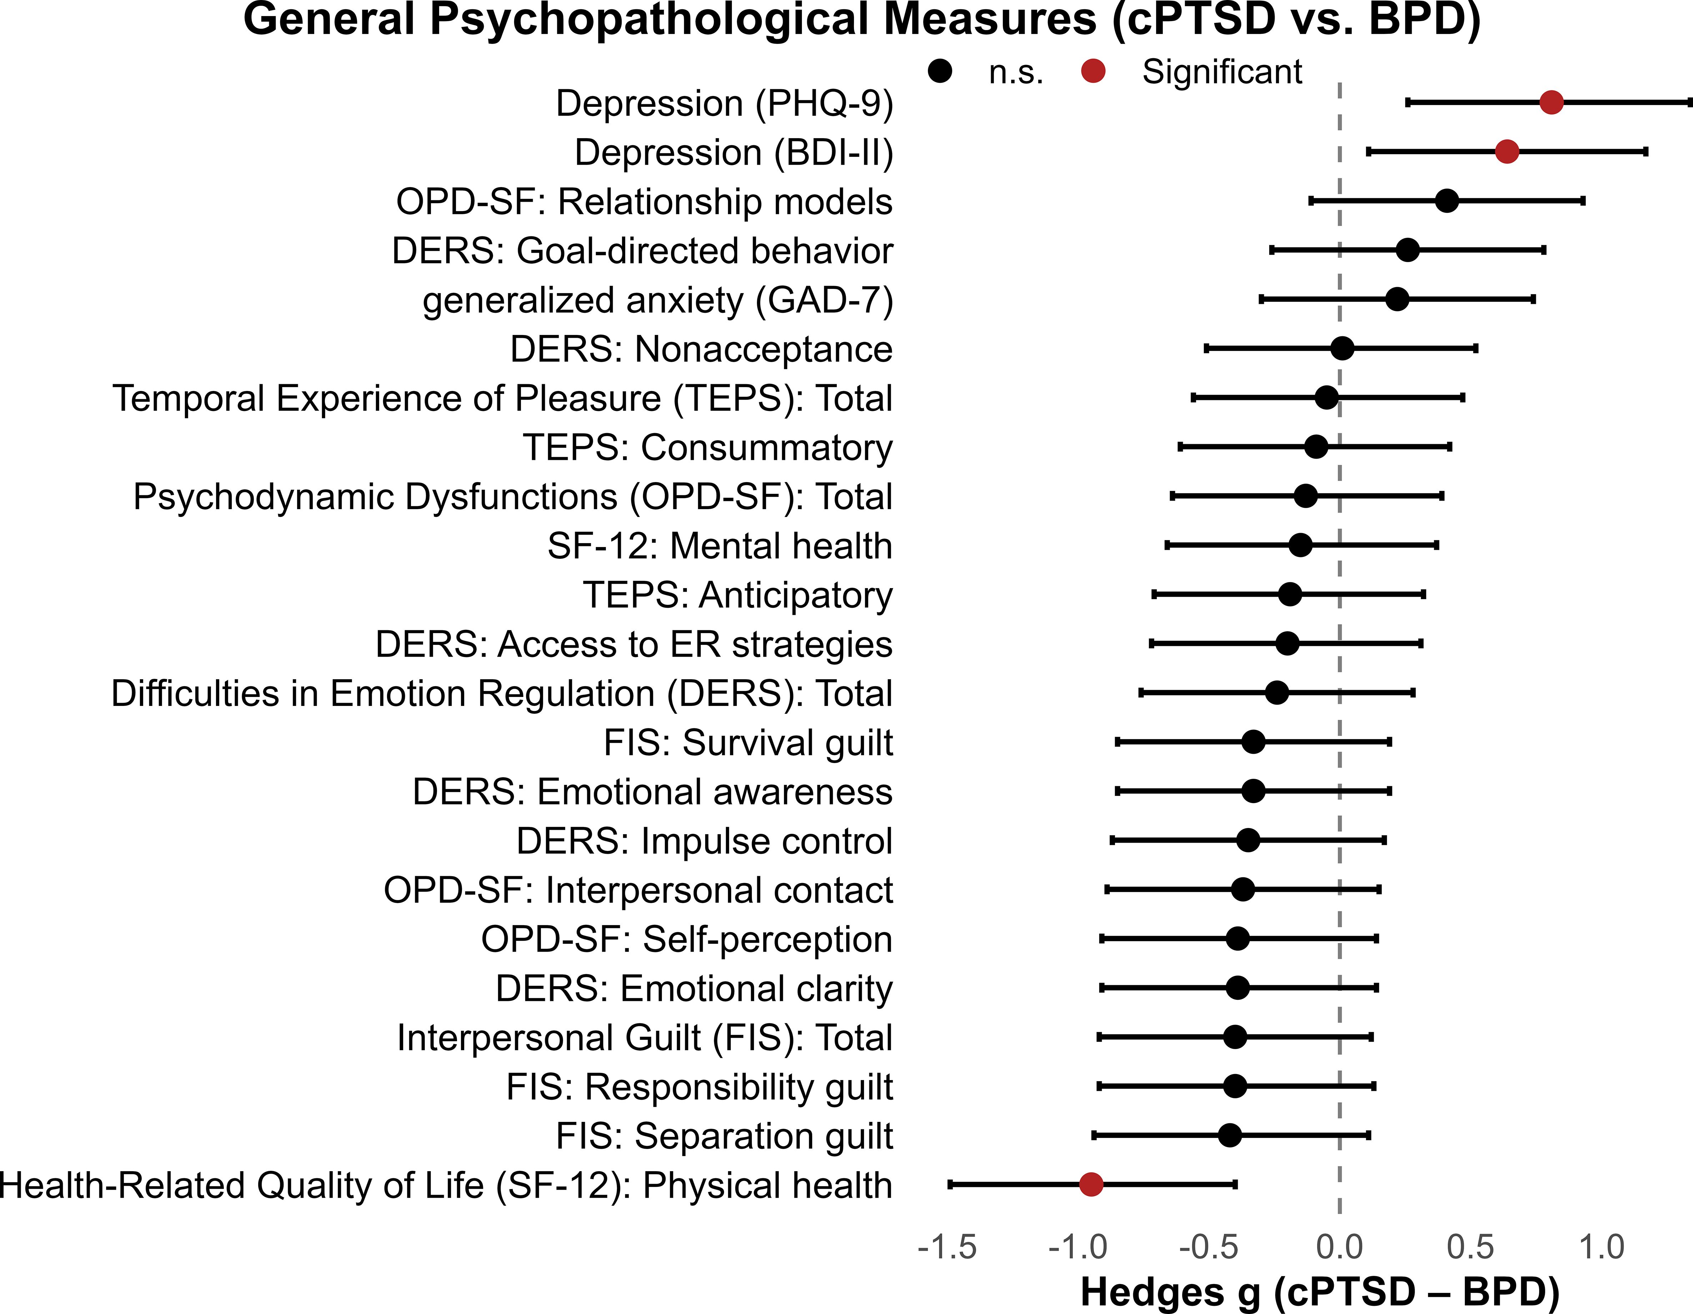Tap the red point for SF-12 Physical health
click(1091, 1184)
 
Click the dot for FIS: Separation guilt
click(1230, 1135)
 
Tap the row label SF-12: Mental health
click(719, 546)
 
